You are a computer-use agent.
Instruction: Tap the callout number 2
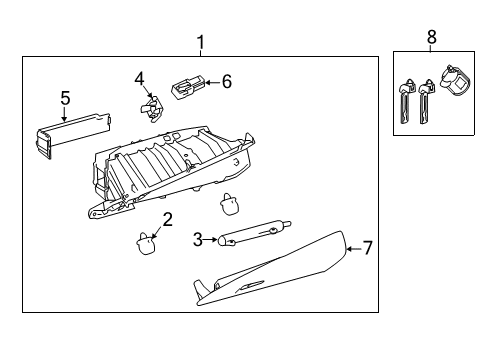[x=168, y=218]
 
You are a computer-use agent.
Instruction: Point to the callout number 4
[x=140, y=77]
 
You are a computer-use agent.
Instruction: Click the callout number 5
[x=65, y=97]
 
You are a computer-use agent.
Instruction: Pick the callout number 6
[x=226, y=82]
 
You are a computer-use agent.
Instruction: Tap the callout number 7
[x=366, y=247]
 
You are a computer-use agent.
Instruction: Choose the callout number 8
[x=432, y=37]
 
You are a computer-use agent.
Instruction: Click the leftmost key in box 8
[x=406, y=100]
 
